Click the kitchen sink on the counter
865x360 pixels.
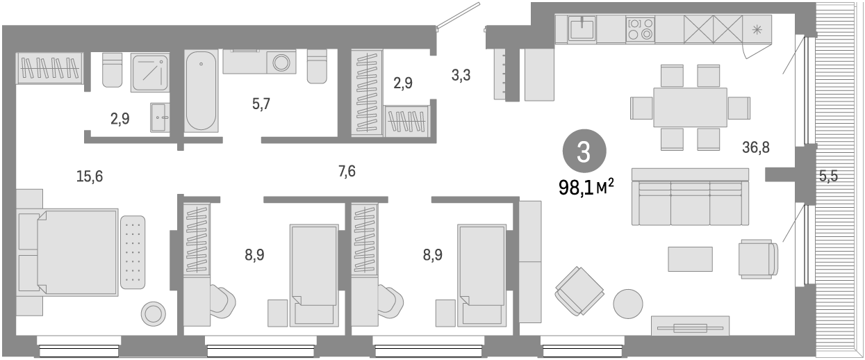pyautogui.click(x=581, y=29)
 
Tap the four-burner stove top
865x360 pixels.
pyautogui.click(x=640, y=28)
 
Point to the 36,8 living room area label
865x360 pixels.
pyautogui.click(x=756, y=147)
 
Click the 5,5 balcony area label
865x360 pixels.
pyautogui.click(x=827, y=177)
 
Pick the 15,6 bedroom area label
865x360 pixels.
pyautogui.click(x=90, y=177)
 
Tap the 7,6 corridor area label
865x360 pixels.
pyautogui.click(x=347, y=171)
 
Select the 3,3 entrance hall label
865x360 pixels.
pyautogui.click(x=461, y=76)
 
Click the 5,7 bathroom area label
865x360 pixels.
pyautogui.click(x=261, y=105)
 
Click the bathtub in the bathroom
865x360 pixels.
pyautogui.click(x=201, y=90)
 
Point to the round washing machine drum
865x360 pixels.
pyautogui.click(x=282, y=63)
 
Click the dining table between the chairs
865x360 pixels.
pyautogui.click(x=689, y=107)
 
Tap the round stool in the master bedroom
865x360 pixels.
pyautogui.click(x=153, y=314)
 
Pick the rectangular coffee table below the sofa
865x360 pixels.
pyautogui.click(x=690, y=259)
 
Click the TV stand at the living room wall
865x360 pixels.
pyautogui.click(x=689, y=326)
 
